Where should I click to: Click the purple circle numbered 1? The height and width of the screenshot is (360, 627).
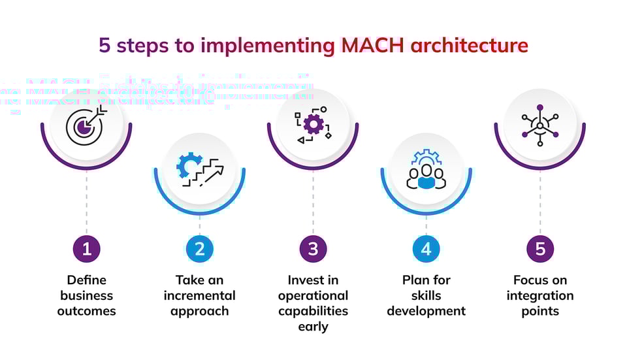coord(86,248)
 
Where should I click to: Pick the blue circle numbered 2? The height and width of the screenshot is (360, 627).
coord(199,248)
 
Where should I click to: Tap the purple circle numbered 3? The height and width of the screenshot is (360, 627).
coord(313,248)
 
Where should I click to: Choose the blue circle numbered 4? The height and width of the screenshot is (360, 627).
coord(426,248)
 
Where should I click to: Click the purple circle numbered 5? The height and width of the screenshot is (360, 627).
coord(539,248)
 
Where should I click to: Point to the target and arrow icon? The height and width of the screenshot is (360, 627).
coord(86,125)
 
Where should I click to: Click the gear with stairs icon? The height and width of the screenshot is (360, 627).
coord(199,171)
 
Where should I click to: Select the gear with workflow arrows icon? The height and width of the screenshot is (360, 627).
coord(313,125)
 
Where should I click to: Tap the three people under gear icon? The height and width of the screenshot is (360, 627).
coord(426,171)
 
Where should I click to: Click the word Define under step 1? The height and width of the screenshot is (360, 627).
coord(86,280)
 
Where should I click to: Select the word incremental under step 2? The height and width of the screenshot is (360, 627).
coord(199,295)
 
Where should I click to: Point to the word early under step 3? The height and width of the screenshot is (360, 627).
coord(313,327)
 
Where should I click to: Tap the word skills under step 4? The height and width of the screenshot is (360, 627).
coord(426,295)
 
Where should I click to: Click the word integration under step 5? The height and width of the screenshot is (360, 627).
coord(539,295)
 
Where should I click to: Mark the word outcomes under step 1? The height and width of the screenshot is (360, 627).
coord(86,311)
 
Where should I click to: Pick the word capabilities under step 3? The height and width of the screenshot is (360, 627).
coord(313,311)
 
